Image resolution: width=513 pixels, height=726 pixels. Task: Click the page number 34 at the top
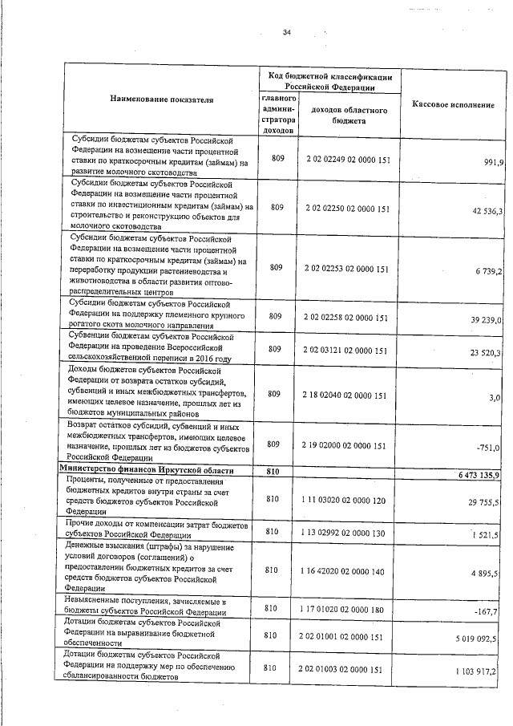(286, 32)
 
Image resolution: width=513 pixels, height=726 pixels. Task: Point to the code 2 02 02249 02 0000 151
(348, 160)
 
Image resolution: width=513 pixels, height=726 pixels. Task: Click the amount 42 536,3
(487, 211)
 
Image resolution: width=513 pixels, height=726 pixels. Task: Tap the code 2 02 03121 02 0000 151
(348, 351)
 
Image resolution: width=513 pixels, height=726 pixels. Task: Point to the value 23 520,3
(487, 353)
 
